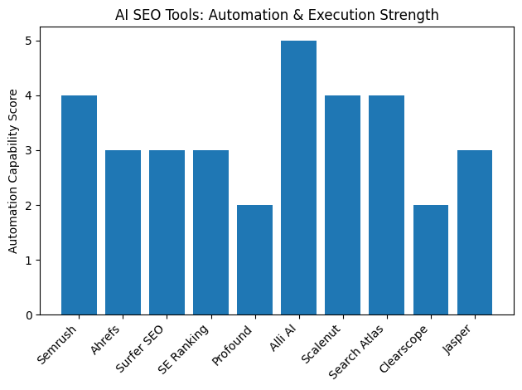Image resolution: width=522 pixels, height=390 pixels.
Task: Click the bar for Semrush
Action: click(x=79, y=205)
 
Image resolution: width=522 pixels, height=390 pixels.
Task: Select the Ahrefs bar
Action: click(x=123, y=232)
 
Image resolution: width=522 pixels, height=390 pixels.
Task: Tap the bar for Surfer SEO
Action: click(x=167, y=232)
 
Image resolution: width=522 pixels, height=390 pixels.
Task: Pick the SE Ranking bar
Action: click(x=210, y=232)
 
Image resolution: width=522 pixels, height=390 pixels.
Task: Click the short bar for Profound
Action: click(x=254, y=260)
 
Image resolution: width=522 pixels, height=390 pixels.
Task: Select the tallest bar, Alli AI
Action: click(x=298, y=178)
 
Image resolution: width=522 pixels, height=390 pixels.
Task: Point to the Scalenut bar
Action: click(x=342, y=205)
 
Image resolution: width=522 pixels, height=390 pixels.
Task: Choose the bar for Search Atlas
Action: click(x=386, y=205)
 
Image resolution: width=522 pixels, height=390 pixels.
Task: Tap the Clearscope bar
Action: click(x=430, y=260)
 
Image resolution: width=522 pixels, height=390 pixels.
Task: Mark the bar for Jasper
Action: click(x=474, y=232)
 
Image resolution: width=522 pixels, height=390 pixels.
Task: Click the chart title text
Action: click(x=277, y=15)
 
